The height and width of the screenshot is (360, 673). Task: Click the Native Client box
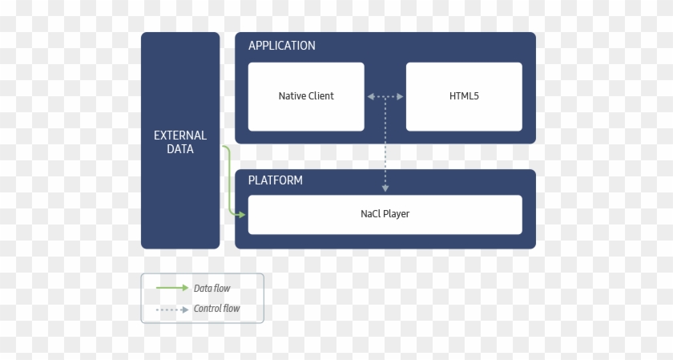pos(306,97)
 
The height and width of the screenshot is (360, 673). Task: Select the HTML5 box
pos(464,97)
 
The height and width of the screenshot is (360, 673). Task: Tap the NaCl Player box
pos(385,215)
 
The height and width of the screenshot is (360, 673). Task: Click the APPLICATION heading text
pos(281,46)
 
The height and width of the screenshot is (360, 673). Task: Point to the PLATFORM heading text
pos(275,180)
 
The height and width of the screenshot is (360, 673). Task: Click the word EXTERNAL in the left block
pos(180,136)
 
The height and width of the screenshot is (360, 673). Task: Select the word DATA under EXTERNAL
pos(180,149)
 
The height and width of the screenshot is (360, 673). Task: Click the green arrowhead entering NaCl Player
pos(241,214)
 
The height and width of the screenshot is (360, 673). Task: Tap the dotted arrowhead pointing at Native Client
pos(371,97)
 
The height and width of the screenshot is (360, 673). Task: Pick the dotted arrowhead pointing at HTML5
pos(400,97)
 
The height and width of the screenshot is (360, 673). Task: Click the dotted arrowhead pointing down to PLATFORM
pos(385,188)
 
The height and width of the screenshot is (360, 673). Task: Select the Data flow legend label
pos(212,289)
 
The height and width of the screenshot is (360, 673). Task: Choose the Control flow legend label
pos(217,309)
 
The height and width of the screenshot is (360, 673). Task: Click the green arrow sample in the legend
pos(172,288)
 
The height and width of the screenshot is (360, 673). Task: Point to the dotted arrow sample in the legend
pos(172,309)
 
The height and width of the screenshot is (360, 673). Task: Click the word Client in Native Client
pos(321,95)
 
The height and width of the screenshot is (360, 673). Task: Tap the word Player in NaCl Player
pos(397,213)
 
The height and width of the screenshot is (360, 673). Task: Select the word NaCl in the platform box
pos(371,213)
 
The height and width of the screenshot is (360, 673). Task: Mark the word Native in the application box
pos(292,95)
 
